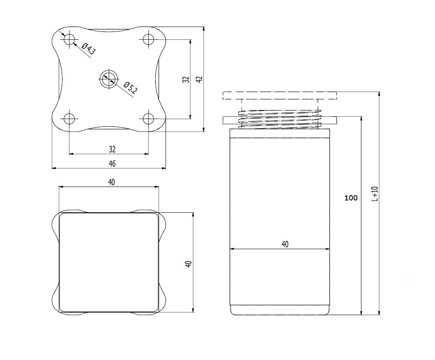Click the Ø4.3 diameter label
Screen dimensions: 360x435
(88, 49)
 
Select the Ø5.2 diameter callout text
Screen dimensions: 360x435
(130, 88)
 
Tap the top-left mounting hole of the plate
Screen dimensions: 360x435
(69, 39)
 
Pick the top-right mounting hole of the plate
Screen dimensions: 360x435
(148, 39)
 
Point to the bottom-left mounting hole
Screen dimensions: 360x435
(69, 119)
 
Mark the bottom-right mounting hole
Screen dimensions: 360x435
(148, 119)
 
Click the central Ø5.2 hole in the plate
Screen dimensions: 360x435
(109, 79)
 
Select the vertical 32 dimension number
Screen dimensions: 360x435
(186, 79)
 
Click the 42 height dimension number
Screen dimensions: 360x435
(200, 79)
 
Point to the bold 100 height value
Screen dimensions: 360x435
(351, 198)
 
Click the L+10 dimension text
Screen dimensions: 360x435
(375, 194)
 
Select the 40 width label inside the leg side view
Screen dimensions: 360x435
(285, 244)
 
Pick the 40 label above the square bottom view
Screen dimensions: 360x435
(111, 182)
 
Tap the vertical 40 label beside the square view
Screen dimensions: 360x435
(188, 264)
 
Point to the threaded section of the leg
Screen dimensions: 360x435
(280, 119)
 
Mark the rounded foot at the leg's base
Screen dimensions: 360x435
(280, 310)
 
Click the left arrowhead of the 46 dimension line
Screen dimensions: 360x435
(54, 168)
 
